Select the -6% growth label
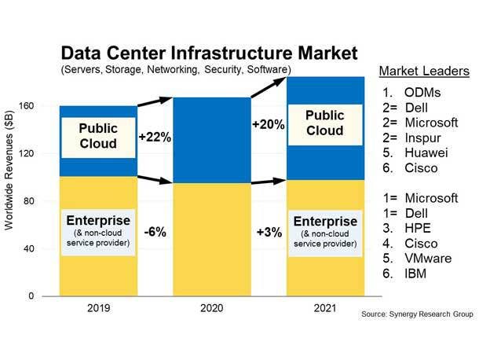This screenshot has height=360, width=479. [154, 232]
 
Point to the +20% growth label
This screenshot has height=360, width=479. [267, 124]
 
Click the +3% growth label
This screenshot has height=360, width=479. [269, 232]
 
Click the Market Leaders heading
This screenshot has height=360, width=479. [424, 71]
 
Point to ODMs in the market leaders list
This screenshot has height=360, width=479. [422, 91]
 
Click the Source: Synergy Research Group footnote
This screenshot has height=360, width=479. [418, 314]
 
